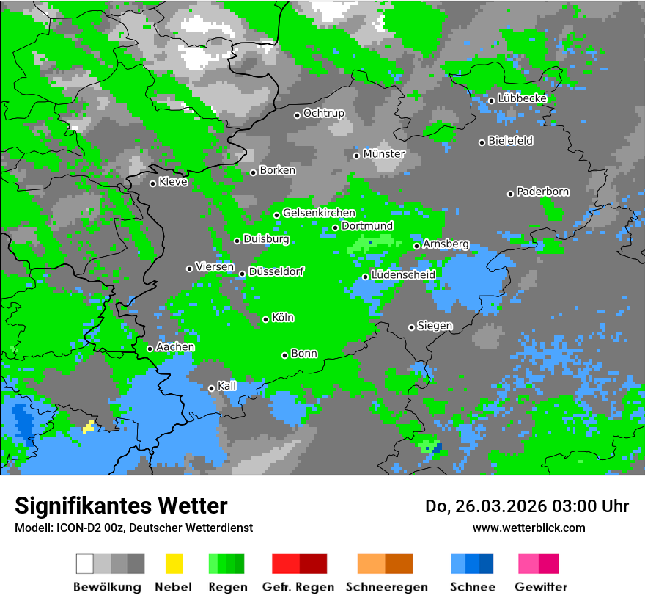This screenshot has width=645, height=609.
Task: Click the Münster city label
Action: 384,154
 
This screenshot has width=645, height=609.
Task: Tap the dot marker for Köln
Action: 265,319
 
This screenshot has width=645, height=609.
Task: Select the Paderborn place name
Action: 543,192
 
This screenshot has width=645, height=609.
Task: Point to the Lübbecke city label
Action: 523,98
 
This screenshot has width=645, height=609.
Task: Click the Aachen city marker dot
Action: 150,349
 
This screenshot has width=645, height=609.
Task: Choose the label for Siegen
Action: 435,326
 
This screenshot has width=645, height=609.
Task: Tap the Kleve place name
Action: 174,182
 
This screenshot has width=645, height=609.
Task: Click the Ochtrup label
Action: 324,114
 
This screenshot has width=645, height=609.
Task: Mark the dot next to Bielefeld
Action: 482,142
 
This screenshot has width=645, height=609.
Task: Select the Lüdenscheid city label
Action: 404,275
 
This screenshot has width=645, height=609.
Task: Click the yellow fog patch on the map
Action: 89,426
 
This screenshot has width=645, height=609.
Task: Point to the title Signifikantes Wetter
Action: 121,506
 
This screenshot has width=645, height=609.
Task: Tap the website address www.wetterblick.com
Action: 528,528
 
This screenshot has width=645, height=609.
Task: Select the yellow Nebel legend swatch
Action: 174,564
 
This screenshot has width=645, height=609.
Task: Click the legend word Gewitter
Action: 541,587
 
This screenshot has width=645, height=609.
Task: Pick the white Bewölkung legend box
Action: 84,564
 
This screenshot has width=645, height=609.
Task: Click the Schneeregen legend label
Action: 387,587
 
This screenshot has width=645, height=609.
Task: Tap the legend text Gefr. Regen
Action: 298,587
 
